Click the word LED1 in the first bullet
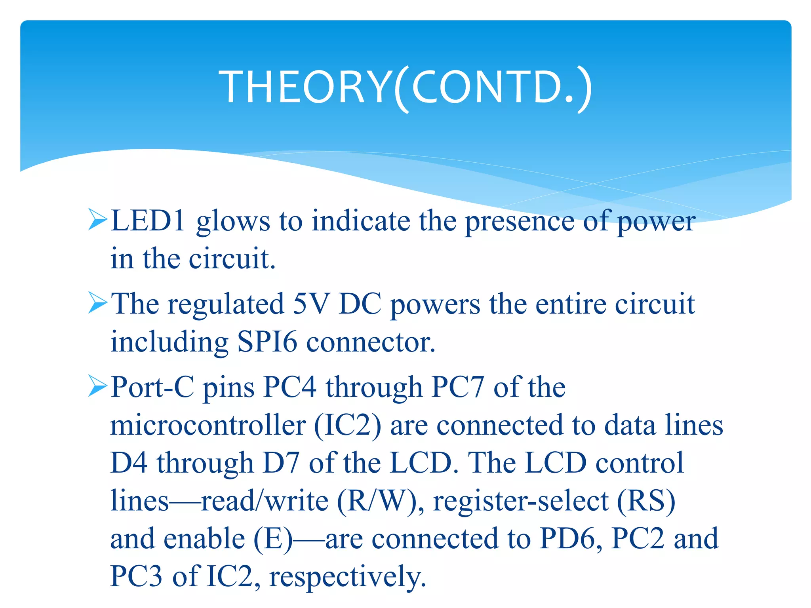click(x=148, y=220)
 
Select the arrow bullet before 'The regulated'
click(x=97, y=303)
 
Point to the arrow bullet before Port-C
click(x=97, y=386)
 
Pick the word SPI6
click(x=267, y=342)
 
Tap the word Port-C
click(x=152, y=387)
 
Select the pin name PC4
click(x=290, y=387)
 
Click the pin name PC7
click(x=458, y=387)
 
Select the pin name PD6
click(x=568, y=539)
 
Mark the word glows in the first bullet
click(x=233, y=221)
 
